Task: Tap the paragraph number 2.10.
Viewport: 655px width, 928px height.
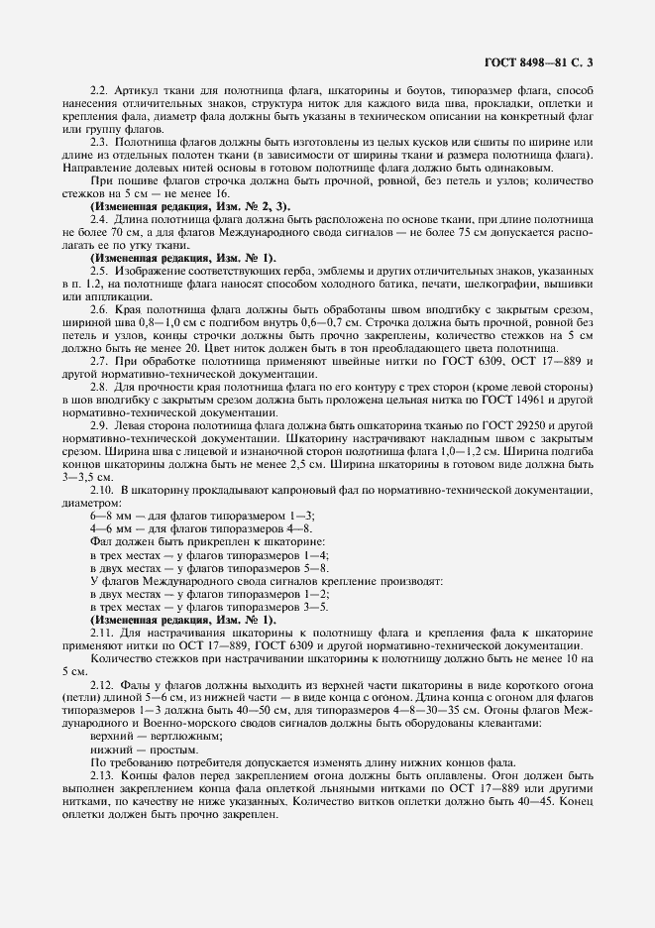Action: coord(102,491)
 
